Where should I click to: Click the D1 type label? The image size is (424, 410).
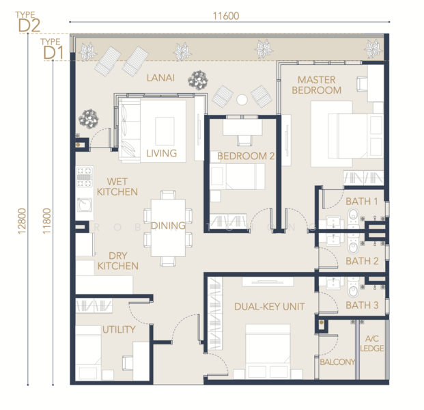[53, 51]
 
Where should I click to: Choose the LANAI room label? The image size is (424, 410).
[161, 78]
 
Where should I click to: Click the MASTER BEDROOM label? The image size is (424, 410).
[319, 85]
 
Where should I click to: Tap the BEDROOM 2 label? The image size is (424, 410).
[245, 156]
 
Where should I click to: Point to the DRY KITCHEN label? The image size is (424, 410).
[117, 260]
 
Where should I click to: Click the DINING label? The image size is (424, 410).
[168, 225]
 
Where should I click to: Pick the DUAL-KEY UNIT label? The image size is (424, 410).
[268, 307]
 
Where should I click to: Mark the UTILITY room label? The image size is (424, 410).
[119, 329]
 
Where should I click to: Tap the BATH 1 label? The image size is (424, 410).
[362, 201]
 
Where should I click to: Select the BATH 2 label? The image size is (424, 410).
[362, 261]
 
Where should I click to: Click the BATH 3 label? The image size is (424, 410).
[362, 305]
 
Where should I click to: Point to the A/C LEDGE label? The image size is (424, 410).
[373, 344]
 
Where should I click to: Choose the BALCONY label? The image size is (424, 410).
[338, 361]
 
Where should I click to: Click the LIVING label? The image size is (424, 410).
[161, 153]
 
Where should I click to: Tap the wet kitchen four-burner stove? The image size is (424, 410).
[84, 176]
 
